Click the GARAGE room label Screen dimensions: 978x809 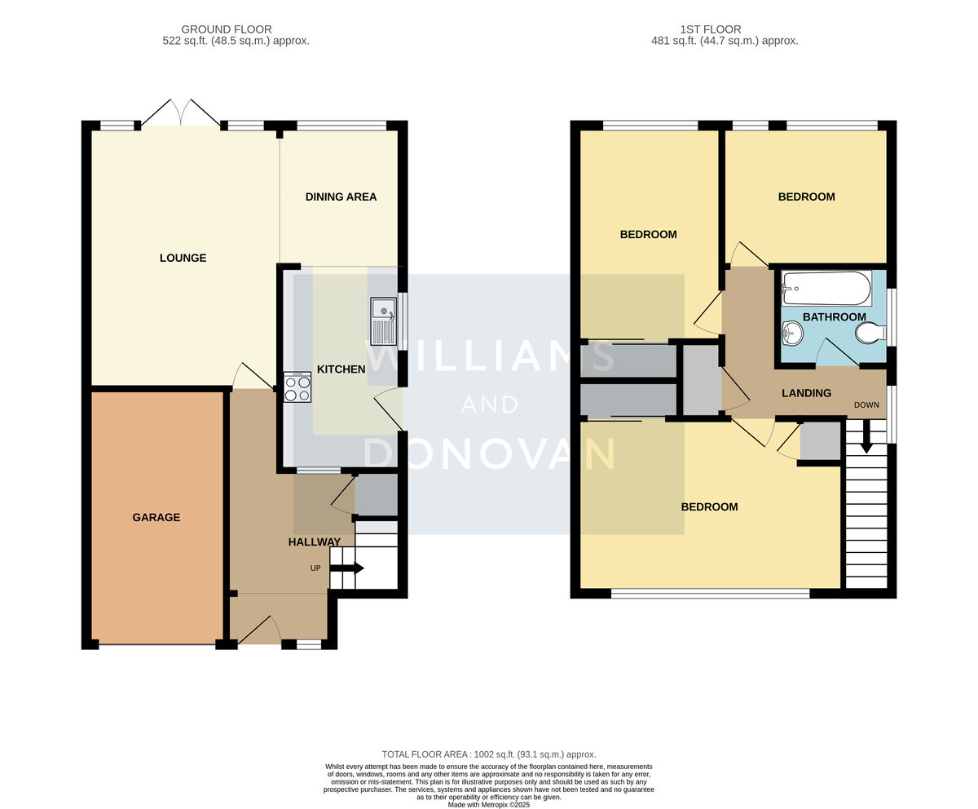156,518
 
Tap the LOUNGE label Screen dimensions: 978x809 183,258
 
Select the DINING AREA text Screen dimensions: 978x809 341,197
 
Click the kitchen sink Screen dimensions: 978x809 384,321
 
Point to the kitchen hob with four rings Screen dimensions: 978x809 297,387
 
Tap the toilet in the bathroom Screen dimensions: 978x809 870,334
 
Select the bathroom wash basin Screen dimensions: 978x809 792,334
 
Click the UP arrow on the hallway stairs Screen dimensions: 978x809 346,568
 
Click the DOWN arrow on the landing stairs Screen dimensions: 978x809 866,436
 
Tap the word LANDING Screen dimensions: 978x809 806,393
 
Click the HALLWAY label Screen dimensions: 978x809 315,542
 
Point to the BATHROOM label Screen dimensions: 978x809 835,317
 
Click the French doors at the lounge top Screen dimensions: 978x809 181,113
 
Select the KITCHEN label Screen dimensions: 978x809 341,369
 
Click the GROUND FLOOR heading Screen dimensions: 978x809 227,29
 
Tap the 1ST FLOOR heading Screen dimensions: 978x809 711,29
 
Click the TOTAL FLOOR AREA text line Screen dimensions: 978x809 489,754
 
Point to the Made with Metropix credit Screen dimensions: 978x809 489,805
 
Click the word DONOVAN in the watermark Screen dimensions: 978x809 489,453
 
